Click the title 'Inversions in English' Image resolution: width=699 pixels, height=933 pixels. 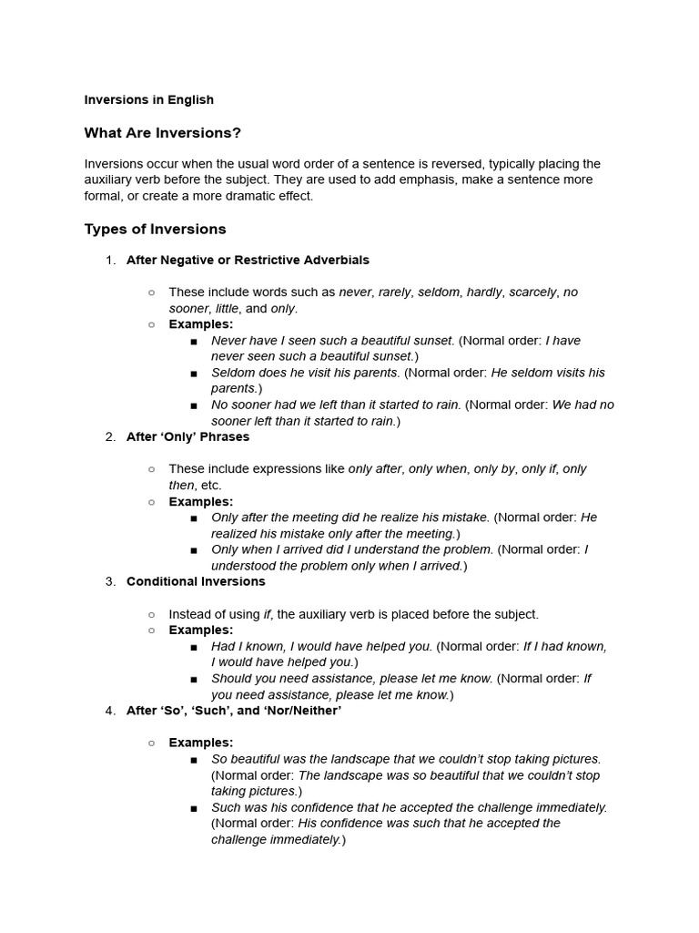[x=148, y=99]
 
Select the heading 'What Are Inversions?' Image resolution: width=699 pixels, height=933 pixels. [x=162, y=133]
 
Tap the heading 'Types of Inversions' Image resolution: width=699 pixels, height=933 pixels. [x=155, y=229]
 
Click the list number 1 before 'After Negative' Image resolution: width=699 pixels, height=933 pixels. [x=110, y=260]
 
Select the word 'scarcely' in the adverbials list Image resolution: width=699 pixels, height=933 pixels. [x=532, y=292]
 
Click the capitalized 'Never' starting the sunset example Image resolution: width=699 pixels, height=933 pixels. [x=228, y=341]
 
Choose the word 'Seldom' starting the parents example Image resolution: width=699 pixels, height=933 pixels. [x=232, y=373]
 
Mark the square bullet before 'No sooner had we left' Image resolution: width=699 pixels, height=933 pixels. [x=195, y=405]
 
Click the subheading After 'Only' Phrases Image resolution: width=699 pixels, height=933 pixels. [x=187, y=436]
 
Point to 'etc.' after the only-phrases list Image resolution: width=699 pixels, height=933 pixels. [x=210, y=485]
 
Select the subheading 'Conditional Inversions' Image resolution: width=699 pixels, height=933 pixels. [x=196, y=581]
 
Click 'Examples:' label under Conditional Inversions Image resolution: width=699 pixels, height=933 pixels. [x=201, y=630]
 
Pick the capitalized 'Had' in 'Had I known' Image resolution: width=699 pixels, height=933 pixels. [x=223, y=646]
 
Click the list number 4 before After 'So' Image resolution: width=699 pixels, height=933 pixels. [x=110, y=711]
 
